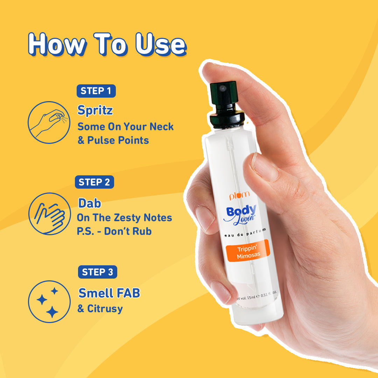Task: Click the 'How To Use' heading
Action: [107, 44]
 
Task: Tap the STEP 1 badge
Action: [96, 91]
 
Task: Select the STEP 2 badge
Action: [94, 182]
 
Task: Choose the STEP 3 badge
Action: [98, 272]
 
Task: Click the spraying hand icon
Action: [49, 122]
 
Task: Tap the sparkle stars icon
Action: [49, 301]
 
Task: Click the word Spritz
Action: [95, 111]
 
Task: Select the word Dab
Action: [90, 203]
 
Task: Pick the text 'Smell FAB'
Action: [109, 293]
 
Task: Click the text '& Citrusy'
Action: [100, 309]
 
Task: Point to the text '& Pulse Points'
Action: [113, 140]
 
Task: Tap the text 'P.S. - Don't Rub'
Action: [114, 232]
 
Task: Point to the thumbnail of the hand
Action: [265, 167]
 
